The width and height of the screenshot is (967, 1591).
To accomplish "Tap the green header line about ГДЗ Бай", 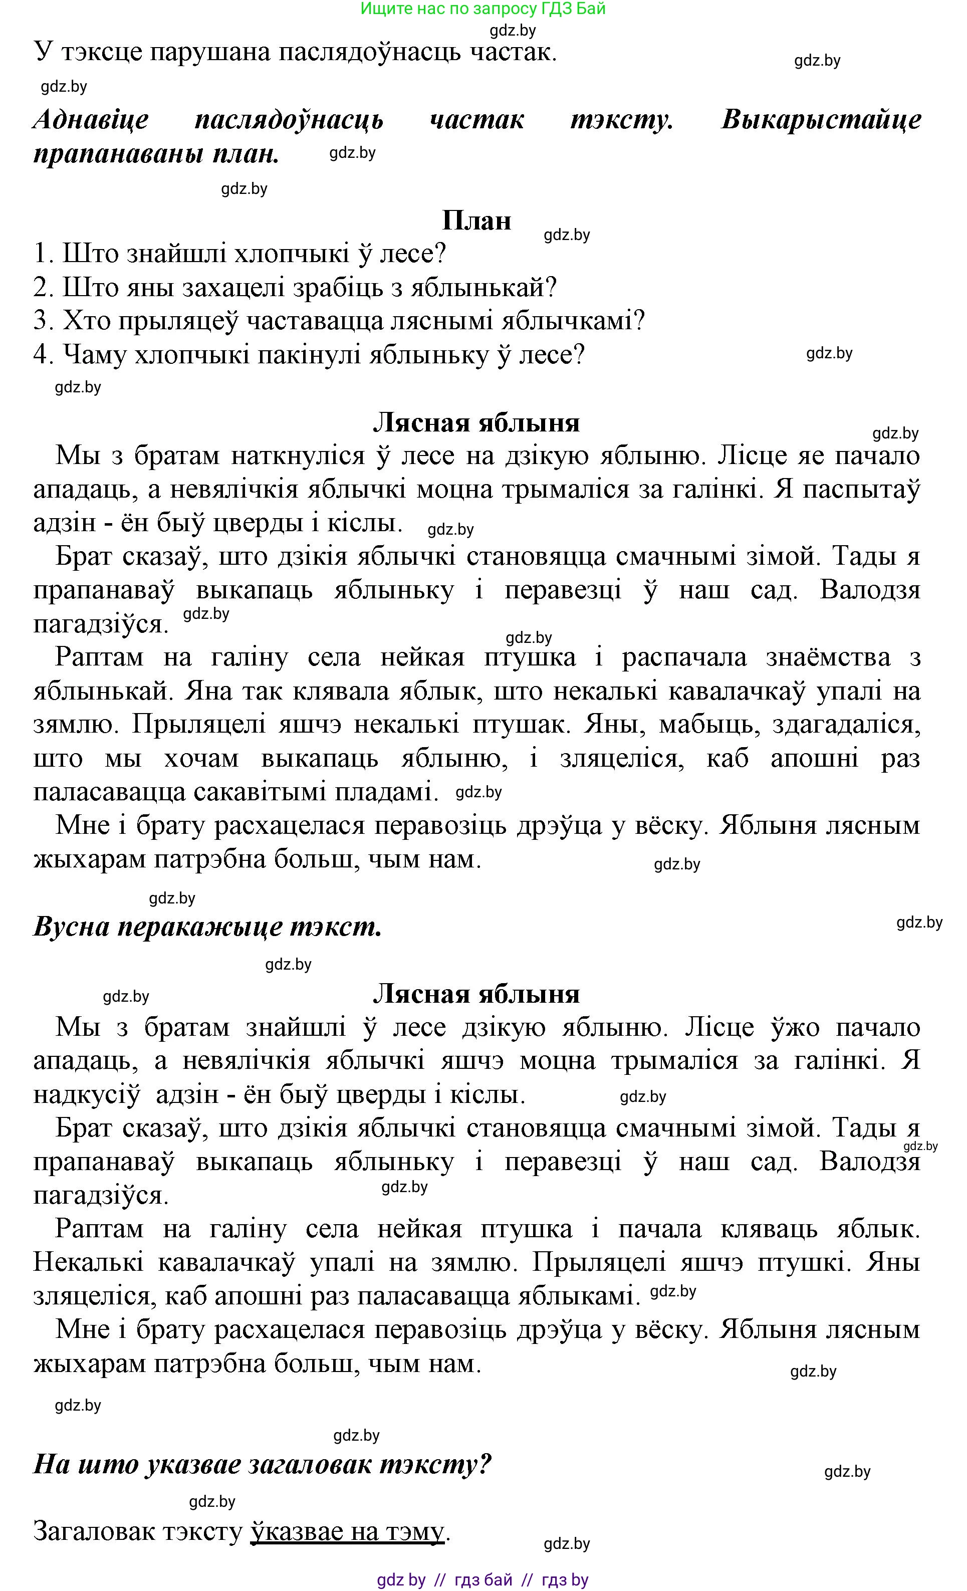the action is (x=483, y=9).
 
